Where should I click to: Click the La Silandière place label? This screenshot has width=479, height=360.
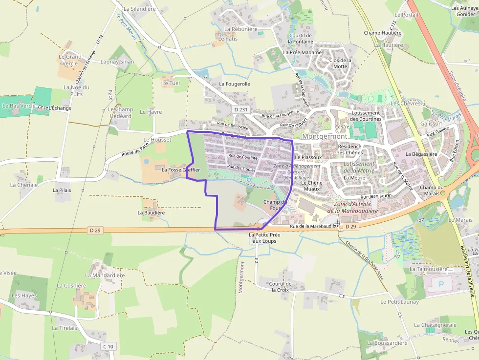(x=139, y=9)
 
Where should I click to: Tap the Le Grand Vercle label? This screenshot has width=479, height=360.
(x=70, y=60)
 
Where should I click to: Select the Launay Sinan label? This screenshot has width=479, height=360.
(x=117, y=62)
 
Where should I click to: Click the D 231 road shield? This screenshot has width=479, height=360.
(x=239, y=110)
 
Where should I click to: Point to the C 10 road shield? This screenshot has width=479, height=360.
(x=109, y=346)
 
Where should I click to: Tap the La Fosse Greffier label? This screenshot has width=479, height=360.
(x=181, y=169)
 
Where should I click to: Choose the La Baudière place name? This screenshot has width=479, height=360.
(x=151, y=213)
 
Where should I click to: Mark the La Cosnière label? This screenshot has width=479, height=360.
(x=71, y=286)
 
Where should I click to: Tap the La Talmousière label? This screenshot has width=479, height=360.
(x=429, y=269)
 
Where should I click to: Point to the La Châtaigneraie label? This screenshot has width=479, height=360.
(x=435, y=325)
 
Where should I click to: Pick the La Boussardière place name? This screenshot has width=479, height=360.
(x=387, y=343)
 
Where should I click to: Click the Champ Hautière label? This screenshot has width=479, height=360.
(x=382, y=33)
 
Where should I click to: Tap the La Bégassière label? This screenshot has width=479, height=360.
(x=421, y=154)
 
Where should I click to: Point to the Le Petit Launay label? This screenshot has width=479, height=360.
(x=399, y=302)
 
